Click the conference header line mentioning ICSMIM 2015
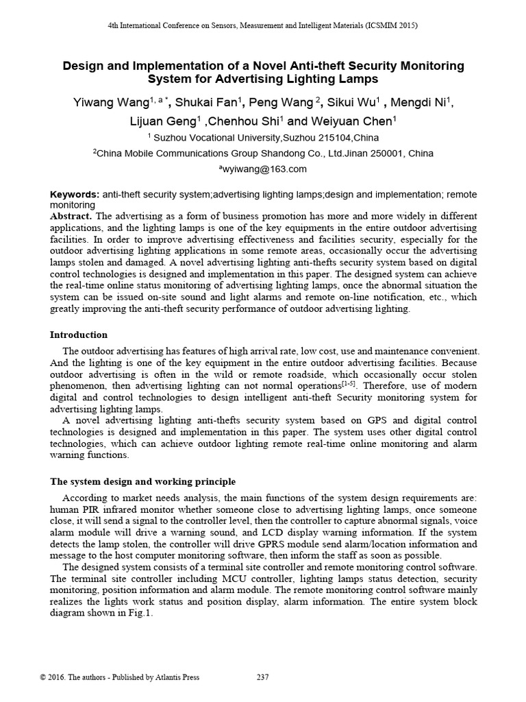pyautogui.click(x=263, y=25)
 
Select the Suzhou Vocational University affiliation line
pyautogui.click(x=263, y=138)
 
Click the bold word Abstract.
pyautogui.click(x=71, y=215)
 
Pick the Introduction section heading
pyautogui.click(x=79, y=335)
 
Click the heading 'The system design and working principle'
pyautogui.click(x=143, y=482)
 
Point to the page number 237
pyautogui.click(x=262, y=678)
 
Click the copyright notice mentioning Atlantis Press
pyautogui.click(x=120, y=678)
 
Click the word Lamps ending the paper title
pyautogui.click(x=358, y=80)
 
